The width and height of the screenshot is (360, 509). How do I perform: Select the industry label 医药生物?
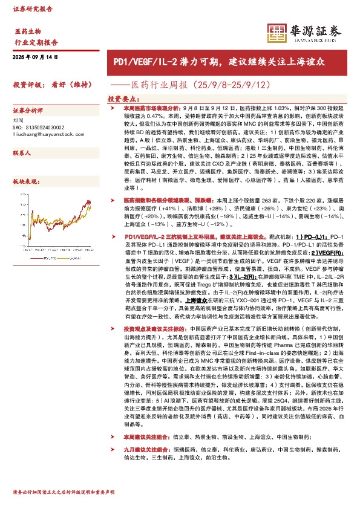pos(28,31)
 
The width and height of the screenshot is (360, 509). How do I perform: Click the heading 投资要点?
pos(124,98)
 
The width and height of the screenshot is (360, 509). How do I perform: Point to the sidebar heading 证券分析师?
pos(28,111)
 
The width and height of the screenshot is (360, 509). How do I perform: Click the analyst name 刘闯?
pos(18,120)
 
